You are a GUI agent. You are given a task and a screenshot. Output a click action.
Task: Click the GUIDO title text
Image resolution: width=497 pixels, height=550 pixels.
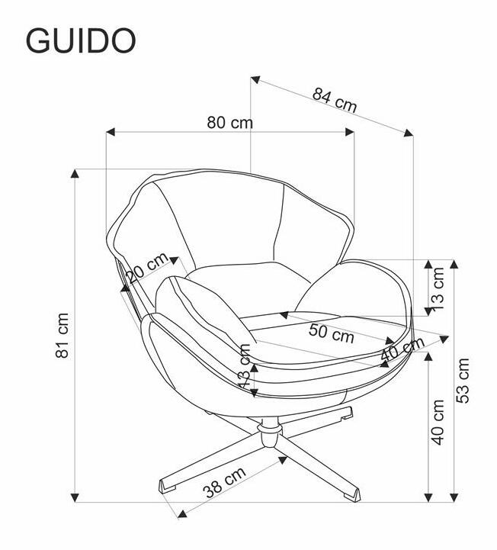click(81, 40)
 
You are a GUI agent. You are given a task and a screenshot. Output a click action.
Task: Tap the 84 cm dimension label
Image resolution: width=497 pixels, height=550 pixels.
click(335, 100)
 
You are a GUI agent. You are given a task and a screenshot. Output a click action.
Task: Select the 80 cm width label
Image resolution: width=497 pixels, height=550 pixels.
click(229, 123)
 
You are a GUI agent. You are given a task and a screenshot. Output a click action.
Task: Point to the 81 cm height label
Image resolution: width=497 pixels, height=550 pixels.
click(63, 336)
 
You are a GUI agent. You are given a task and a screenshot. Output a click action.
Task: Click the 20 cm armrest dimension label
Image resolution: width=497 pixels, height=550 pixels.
click(147, 267)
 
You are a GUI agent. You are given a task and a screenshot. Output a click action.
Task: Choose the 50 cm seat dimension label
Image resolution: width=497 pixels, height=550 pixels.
click(332, 333)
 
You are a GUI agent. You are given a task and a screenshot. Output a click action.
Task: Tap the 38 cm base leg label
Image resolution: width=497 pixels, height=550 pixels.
click(225, 482)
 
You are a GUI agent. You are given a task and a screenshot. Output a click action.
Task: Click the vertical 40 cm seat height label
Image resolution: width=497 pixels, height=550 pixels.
click(438, 422)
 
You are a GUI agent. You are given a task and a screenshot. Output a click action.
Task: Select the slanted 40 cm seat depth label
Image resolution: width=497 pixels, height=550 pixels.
click(402, 349)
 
